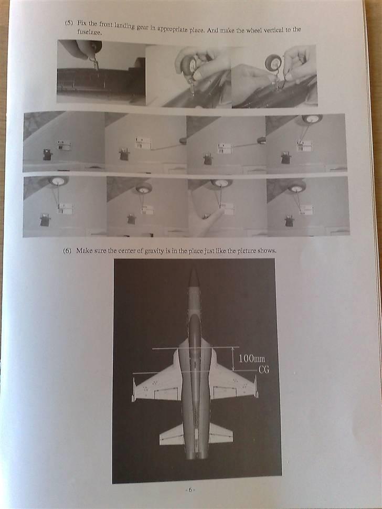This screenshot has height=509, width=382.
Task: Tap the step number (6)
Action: [x=67, y=251]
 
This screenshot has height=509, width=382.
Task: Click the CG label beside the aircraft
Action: [x=264, y=369]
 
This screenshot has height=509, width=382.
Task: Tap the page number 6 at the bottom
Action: [x=190, y=490]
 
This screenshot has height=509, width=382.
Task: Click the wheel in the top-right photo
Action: [x=273, y=63]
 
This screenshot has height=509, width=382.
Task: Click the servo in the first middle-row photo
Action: [x=48, y=154]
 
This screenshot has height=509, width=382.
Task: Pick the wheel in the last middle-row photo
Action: [x=311, y=119]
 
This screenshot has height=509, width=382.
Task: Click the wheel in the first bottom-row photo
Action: [x=57, y=181]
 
